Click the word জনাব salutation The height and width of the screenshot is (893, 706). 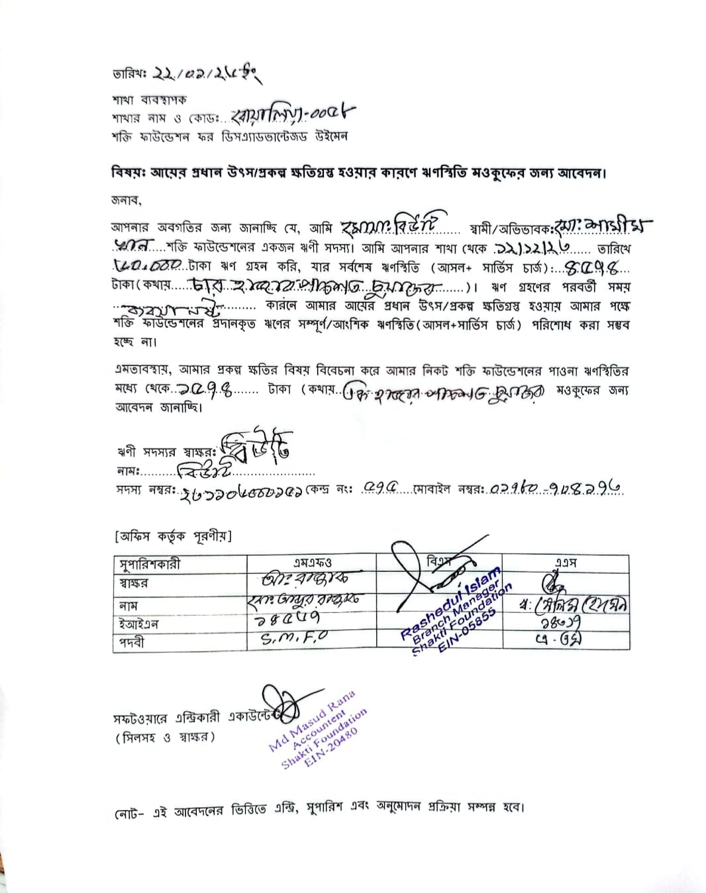click(125, 200)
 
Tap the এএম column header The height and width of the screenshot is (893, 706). click(566, 563)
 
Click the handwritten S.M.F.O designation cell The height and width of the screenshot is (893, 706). click(294, 639)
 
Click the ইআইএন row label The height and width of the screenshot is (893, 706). click(138, 624)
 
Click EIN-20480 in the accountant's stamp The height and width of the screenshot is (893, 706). click(330, 748)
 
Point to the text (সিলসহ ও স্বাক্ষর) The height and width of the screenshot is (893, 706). click(166, 737)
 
